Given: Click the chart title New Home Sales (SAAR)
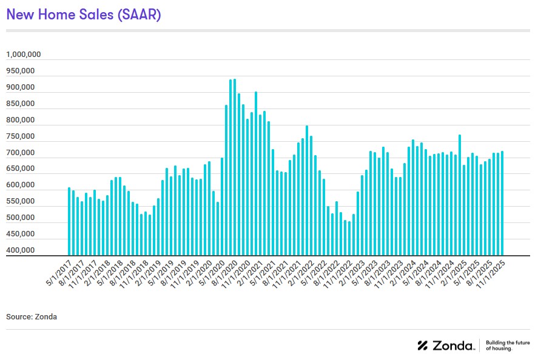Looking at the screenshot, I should (x=83, y=15).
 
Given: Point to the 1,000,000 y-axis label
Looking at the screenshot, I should (x=24, y=55).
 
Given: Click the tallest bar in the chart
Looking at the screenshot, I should (x=235, y=167).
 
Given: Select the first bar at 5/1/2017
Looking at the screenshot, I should (x=69, y=221).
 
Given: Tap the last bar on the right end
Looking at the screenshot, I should (x=502, y=203).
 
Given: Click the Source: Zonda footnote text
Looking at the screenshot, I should (x=32, y=316).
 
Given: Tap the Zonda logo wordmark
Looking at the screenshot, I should (x=446, y=345).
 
